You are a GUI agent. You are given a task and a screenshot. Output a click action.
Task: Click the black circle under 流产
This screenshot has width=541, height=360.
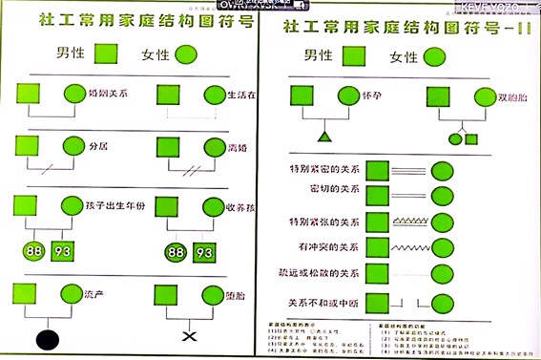click(48, 338)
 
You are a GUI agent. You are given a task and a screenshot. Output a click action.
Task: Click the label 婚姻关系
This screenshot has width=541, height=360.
click(108, 95)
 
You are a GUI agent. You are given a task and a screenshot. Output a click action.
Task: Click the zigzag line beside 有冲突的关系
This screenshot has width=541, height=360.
click(409, 247)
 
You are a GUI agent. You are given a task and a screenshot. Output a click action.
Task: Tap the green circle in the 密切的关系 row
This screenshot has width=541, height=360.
click(442, 196)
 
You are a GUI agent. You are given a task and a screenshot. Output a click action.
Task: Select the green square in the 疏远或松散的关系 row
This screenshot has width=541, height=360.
click(378, 276)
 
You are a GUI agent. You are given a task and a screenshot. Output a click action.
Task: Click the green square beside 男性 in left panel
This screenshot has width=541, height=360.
click(103, 55)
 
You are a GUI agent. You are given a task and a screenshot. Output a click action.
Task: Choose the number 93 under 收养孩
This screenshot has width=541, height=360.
click(204, 253)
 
